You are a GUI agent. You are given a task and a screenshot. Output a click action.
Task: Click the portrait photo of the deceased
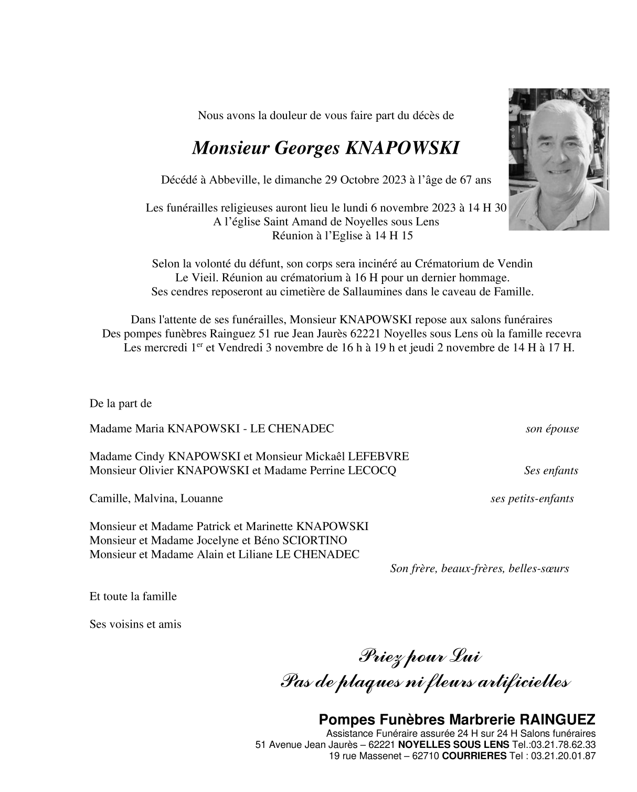point(558,159)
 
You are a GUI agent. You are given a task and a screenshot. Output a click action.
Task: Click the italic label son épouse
point(552,429)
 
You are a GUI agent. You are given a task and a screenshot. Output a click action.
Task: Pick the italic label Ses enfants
point(551,470)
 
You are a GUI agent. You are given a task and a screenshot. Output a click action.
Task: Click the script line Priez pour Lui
point(420,656)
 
